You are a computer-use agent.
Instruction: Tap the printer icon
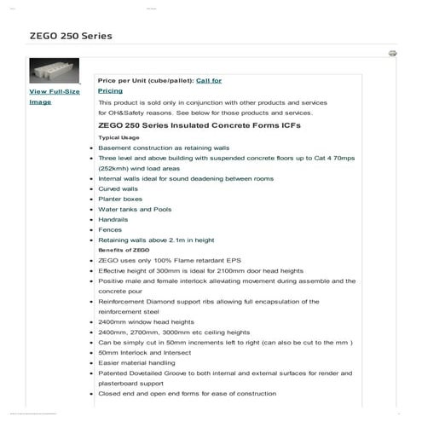[x=392, y=53]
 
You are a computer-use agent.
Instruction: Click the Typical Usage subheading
[x=119, y=137]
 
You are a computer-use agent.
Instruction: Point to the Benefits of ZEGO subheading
[x=124, y=250]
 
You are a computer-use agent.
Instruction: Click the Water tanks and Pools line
[x=135, y=209]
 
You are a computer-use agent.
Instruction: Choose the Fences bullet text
[x=111, y=229]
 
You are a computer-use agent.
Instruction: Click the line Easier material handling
[x=139, y=362]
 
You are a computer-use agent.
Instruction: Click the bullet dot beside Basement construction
[x=91, y=147]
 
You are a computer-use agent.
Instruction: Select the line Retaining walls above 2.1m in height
[x=156, y=240]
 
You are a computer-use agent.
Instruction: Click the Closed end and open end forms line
[x=187, y=393]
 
